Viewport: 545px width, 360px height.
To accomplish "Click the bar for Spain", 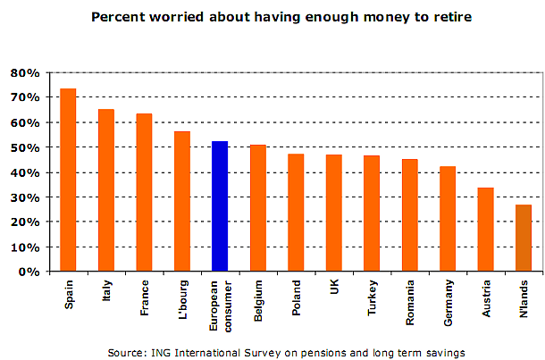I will [x=68, y=180].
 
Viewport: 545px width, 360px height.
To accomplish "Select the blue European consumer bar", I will [x=220, y=206].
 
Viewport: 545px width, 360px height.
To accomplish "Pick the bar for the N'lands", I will [x=524, y=238].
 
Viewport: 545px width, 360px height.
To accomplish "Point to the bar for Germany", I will [x=448, y=219].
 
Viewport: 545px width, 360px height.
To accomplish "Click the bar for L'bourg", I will [x=181, y=201].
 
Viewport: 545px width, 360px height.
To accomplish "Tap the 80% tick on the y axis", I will [x=23, y=72].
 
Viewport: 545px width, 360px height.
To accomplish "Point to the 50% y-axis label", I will [x=23, y=147].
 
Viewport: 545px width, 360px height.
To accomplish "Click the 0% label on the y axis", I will [x=27, y=272].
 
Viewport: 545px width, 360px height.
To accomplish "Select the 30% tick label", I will [x=23, y=197].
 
